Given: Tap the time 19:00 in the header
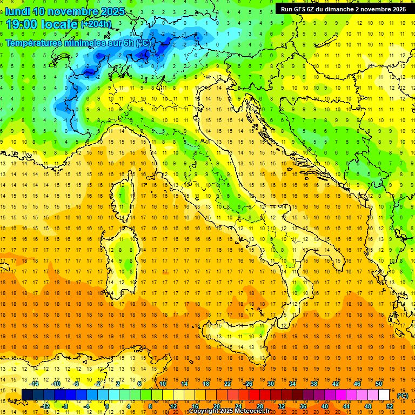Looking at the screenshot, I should pos(22,24).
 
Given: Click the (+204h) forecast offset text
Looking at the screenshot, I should pos(97,24).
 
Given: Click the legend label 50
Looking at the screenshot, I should pos(378,384).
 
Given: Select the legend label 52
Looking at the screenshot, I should pos(390,406).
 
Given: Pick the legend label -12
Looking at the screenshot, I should pos(45,406).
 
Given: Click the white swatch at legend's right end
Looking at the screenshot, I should pos(384,394).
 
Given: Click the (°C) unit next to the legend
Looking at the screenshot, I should pos(403,396).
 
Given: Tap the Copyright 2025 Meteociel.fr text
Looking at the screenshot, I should pos(232,411).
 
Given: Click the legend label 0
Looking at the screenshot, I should pos(107,406).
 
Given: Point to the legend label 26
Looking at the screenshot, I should pos(249,384).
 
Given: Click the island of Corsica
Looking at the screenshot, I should pos(124,200).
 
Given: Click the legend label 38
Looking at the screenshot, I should pos(313,384).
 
